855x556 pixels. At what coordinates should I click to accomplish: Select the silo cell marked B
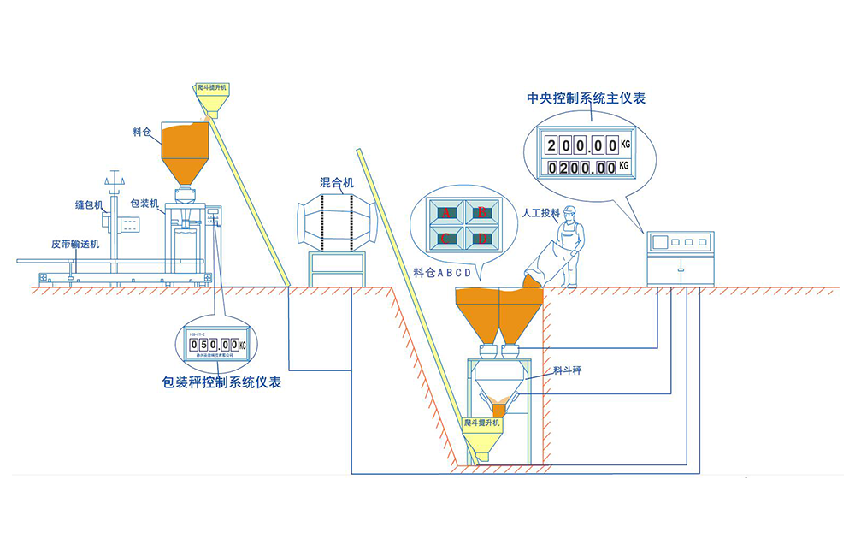click(481, 210)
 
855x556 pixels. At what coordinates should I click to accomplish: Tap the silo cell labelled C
click(445, 240)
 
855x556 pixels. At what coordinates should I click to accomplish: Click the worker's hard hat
click(570, 211)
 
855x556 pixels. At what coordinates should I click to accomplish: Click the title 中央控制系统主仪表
click(587, 98)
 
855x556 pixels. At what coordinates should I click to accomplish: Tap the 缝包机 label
click(89, 205)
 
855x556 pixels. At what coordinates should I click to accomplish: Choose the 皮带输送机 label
click(75, 244)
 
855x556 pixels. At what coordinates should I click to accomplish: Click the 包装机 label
click(144, 204)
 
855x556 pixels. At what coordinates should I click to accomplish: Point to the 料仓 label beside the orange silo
click(143, 132)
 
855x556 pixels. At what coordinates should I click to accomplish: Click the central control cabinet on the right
click(680, 257)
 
